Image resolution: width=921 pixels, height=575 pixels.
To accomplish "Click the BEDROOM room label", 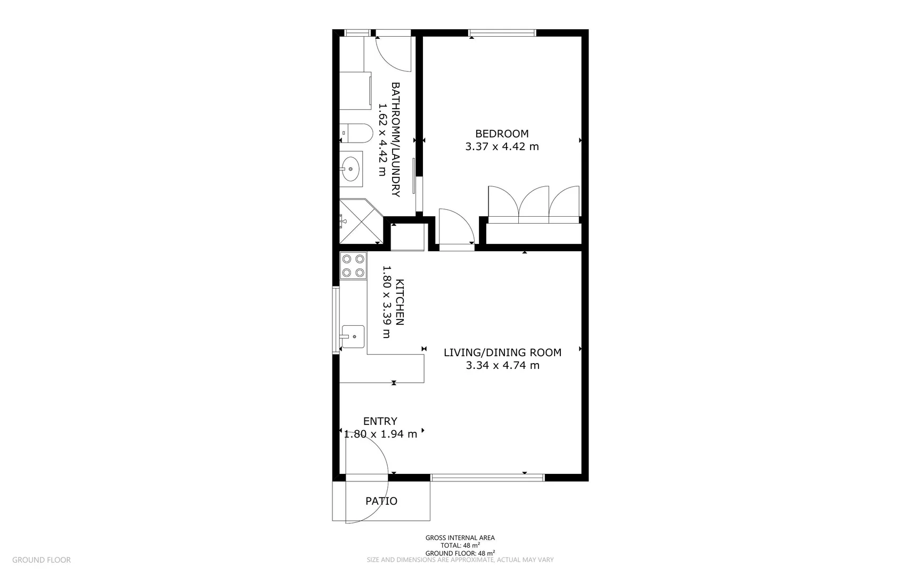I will [502, 134].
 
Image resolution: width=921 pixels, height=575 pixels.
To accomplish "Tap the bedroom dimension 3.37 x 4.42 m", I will [502, 146].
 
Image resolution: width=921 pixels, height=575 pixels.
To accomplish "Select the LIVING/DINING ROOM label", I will [502, 352].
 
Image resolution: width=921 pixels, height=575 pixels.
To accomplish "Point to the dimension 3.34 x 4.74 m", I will [502, 365].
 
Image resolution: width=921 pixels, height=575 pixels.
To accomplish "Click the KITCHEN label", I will [400, 302].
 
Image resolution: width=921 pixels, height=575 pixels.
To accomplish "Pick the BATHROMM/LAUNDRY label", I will [396, 139].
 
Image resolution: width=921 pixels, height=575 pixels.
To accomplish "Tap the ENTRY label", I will [380, 421].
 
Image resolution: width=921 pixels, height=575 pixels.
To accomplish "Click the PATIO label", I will [381, 501].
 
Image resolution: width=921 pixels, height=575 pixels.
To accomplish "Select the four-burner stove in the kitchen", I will [353, 266].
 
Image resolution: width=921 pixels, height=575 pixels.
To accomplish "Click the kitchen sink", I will [353, 336].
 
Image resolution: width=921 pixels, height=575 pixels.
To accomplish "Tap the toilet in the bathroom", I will [356, 133].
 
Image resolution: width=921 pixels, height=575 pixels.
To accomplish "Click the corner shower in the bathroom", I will [360, 221].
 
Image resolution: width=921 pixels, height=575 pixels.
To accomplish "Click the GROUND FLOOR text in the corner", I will [41, 560].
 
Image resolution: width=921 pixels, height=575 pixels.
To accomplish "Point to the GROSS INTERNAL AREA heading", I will [460, 538].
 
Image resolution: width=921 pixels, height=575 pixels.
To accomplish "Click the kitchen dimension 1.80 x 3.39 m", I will [387, 302].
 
